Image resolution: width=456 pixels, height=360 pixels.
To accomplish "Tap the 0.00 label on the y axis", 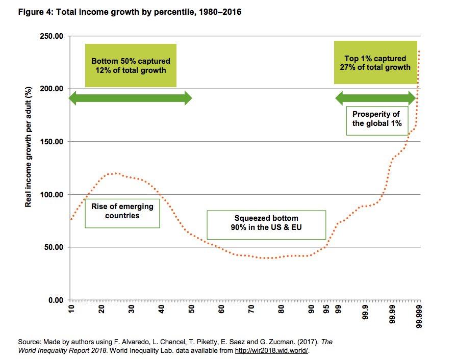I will tap(55, 300).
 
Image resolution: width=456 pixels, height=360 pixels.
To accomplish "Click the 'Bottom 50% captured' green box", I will tap(131, 65).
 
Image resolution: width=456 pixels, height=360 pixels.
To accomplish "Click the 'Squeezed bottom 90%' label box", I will tap(265, 224).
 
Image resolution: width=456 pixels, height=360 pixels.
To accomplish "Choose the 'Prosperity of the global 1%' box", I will tap(376, 119).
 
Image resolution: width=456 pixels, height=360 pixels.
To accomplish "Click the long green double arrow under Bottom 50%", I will tap(130, 98).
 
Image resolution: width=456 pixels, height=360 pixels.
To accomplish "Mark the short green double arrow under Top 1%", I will tap(375, 98).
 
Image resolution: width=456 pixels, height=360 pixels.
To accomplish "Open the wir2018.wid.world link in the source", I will tap(271, 351).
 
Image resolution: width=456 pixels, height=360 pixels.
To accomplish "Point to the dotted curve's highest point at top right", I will tap(419, 51).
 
